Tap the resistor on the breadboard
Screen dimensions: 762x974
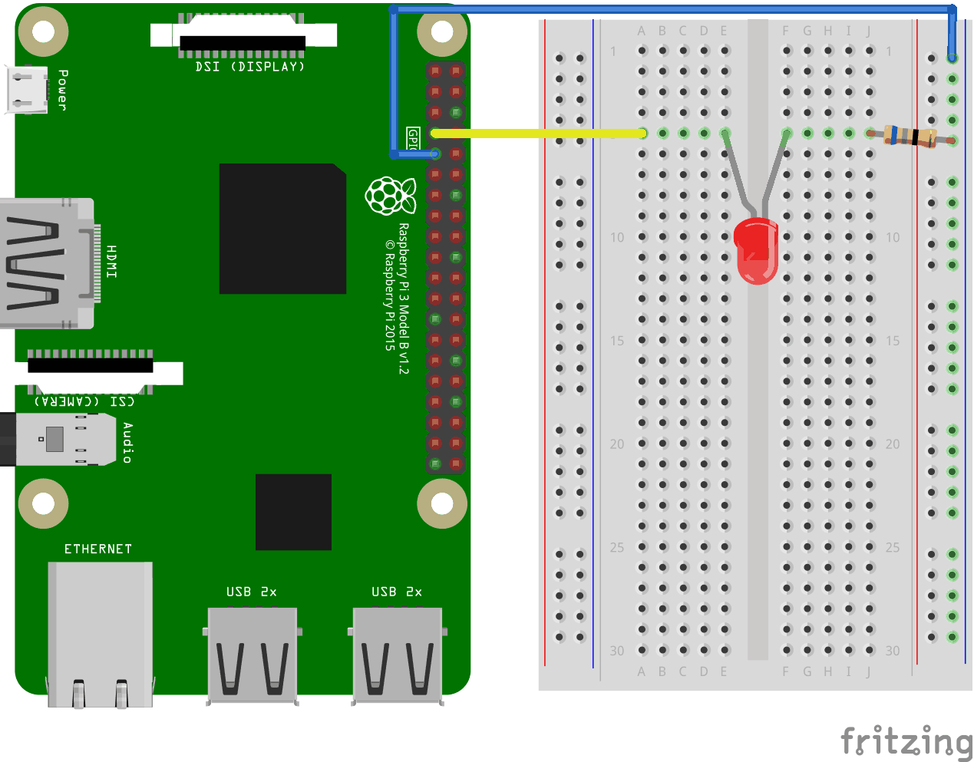[910, 137]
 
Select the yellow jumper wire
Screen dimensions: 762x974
[537, 134]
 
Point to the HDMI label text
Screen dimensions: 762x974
[111, 262]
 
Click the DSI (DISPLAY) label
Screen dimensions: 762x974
[249, 67]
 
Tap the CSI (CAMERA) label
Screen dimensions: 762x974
[84, 401]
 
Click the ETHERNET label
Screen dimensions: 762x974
[97, 549]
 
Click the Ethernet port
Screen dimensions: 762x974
[100, 633]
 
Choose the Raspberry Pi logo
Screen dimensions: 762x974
[391, 196]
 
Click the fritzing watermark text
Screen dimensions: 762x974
[906, 741]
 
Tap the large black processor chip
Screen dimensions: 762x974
[282, 229]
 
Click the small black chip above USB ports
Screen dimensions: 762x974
[293, 512]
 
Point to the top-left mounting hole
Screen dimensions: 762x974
[43, 31]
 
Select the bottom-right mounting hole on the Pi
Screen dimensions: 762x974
[442, 503]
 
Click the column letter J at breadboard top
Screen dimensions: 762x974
[869, 31]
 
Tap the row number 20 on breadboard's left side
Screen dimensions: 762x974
[617, 444]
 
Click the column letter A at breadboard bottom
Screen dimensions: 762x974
[642, 671]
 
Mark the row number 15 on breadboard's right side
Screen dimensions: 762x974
[893, 340]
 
